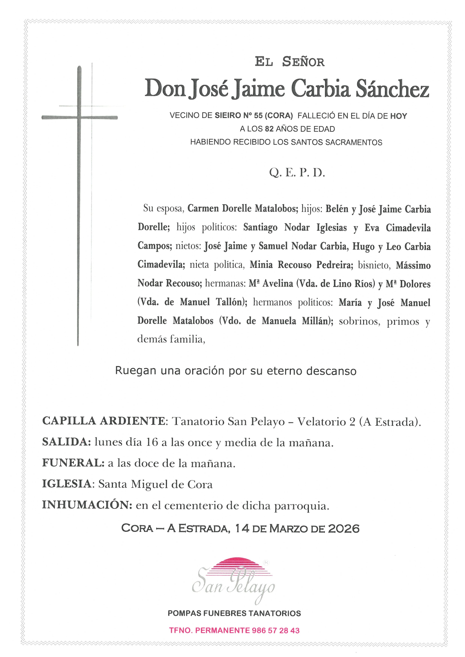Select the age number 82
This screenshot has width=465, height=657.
269,129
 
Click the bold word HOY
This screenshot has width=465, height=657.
399,116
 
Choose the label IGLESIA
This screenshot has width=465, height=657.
66,484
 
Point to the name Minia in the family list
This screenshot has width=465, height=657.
261,265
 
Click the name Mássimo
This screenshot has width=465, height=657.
413,265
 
